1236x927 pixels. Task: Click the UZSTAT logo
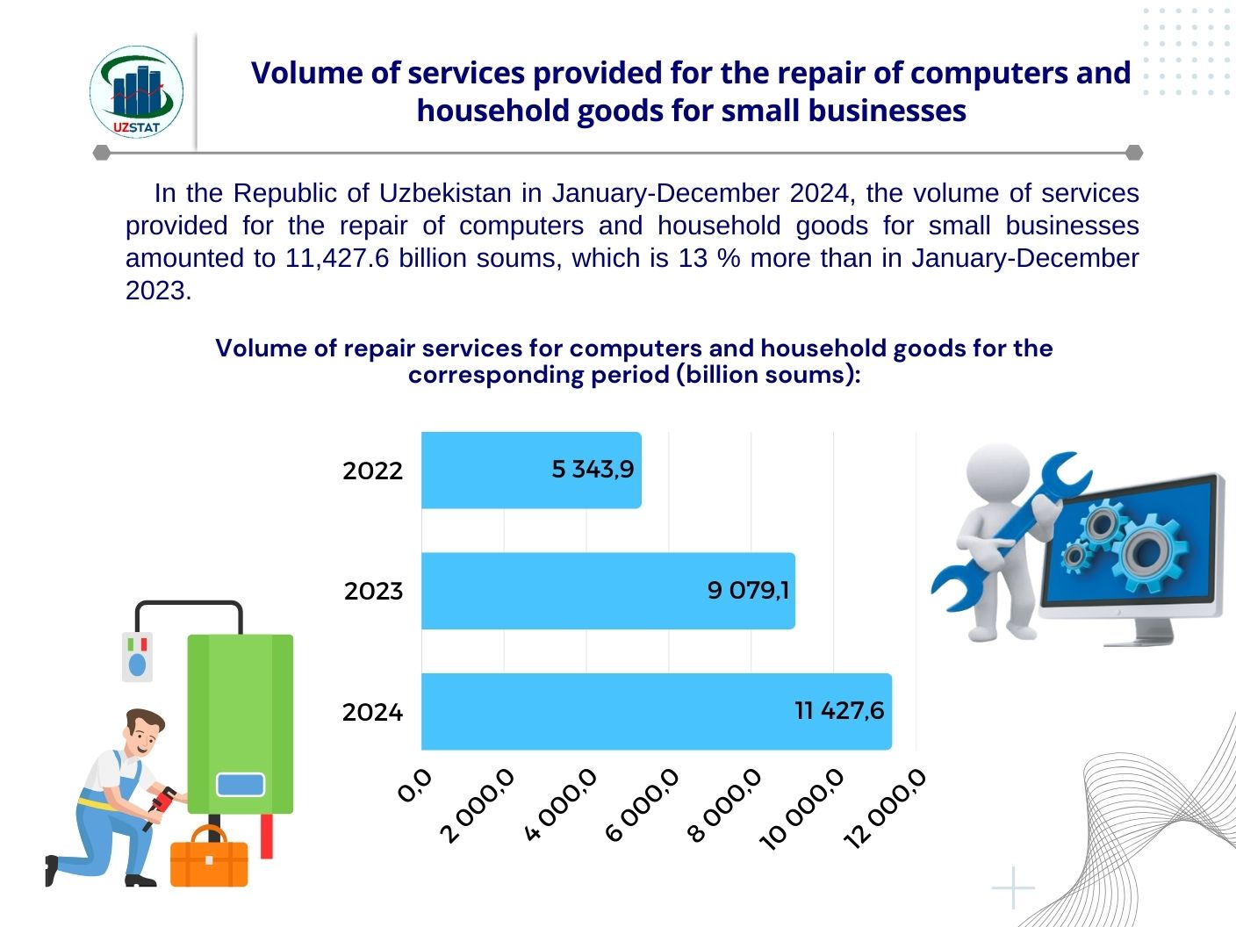coord(136,93)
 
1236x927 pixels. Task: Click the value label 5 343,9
coord(593,470)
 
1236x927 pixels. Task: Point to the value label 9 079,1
coord(748,590)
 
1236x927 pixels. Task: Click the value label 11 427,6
coord(839,710)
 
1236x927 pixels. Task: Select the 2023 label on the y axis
coord(373,591)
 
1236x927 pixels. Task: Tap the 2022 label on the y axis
coord(372,471)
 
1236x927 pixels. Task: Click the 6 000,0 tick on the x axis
coord(643,804)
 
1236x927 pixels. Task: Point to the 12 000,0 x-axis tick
coord(885,808)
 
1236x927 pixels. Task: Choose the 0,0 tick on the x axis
coord(414,785)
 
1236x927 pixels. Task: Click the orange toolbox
coord(208,859)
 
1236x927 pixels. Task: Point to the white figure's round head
coord(997,474)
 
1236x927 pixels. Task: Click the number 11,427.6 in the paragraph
coord(337,258)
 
